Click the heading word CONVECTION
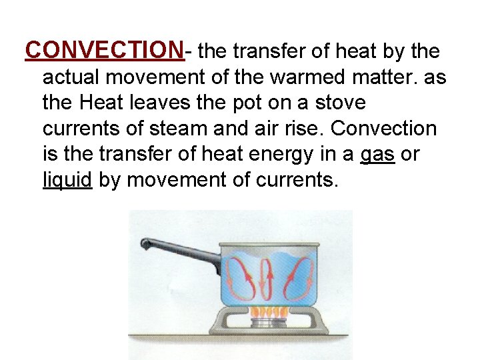click(104, 50)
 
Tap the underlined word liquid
click(67, 179)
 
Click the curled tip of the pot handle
click(146, 245)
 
